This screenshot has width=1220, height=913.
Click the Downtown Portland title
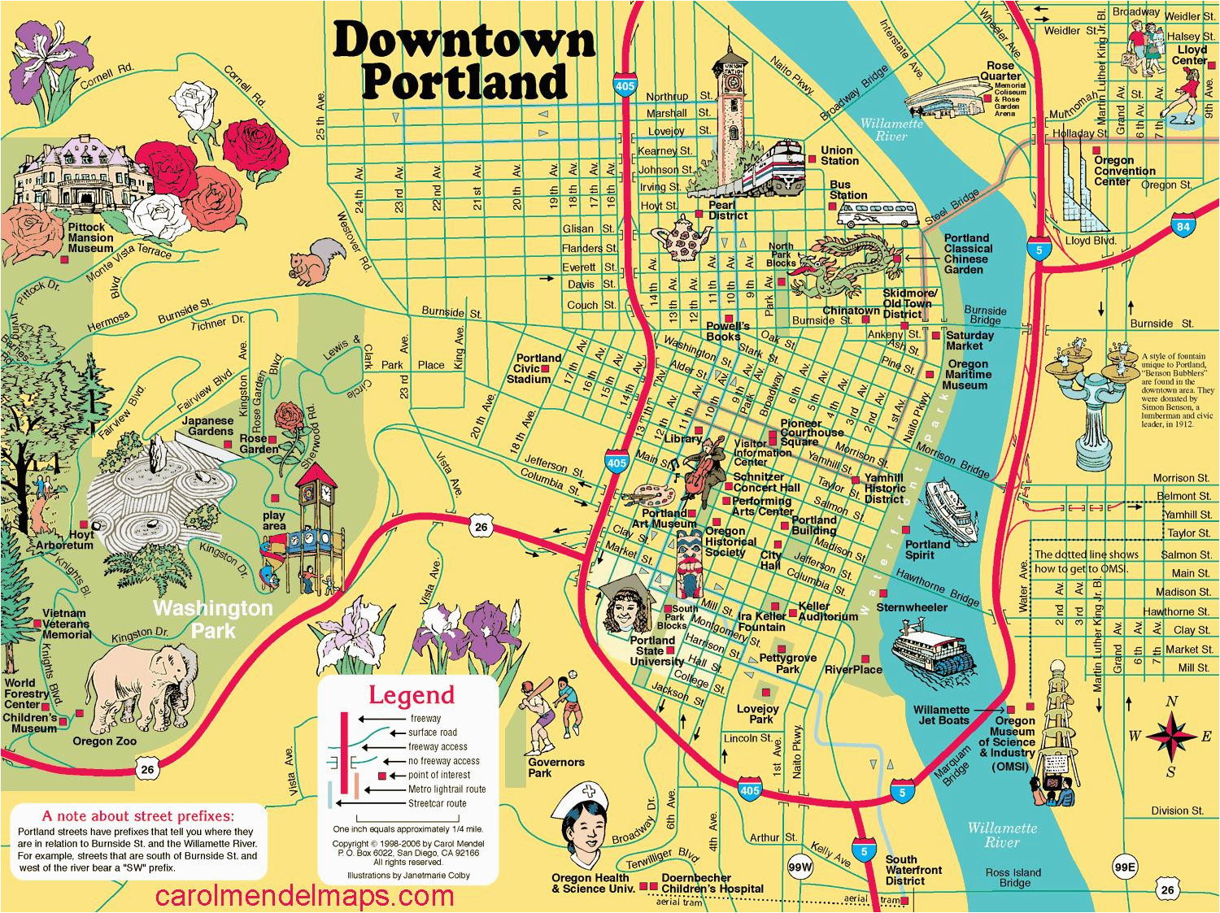pos(464,61)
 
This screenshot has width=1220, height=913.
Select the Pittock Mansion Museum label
pos(90,237)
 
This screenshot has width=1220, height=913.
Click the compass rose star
pos(1170,735)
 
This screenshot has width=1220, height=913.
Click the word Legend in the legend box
pos(412,695)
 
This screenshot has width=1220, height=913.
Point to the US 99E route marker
pos(1124,868)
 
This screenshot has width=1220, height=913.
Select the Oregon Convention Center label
pos(1124,171)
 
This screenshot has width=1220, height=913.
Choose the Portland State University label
pos(656,650)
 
